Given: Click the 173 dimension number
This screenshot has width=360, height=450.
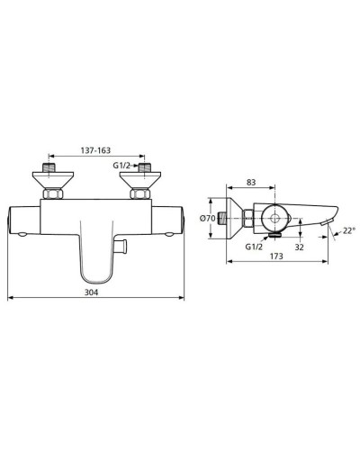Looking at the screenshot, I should tap(282, 257).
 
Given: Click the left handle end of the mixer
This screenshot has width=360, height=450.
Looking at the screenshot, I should tap(20, 221).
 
